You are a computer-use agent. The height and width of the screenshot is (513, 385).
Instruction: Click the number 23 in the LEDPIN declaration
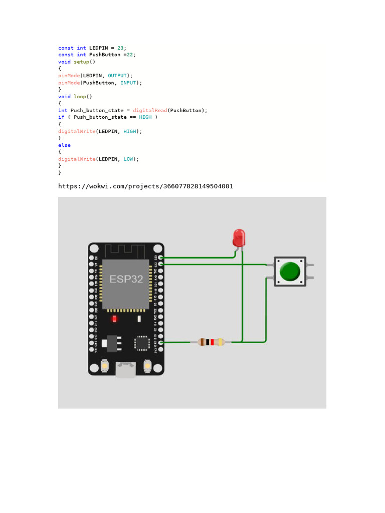coord(120,48)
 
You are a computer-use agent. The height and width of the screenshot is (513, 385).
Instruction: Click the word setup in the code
coord(82,62)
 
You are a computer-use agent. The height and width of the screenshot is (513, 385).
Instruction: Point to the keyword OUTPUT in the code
coord(117,75)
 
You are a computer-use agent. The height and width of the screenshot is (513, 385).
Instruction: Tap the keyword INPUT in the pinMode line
coord(128,82)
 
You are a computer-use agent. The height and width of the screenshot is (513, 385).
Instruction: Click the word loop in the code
coord(80,96)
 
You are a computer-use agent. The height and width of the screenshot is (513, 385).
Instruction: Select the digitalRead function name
coord(150,110)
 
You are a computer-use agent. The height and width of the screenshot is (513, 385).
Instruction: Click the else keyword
coord(64,145)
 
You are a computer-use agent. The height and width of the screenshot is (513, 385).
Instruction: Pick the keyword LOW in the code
coord(128,159)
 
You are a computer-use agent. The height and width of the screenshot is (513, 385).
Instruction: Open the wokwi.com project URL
coord(145,186)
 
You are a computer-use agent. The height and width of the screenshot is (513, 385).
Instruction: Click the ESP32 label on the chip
coord(126,279)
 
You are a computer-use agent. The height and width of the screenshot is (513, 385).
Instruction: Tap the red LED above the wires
coord(239,237)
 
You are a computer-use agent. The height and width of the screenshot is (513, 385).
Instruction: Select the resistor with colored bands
coord(211,342)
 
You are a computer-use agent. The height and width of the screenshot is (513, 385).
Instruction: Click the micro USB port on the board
coord(126,369)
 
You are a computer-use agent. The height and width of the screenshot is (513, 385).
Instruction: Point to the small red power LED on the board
coord(114,319)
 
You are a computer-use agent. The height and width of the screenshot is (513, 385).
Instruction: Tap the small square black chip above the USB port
coord(141,343)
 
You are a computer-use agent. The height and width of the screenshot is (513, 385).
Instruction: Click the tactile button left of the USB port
coord(105,366)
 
